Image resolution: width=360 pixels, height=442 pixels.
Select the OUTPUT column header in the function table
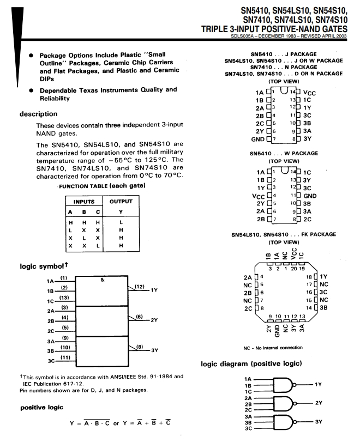point(121,201)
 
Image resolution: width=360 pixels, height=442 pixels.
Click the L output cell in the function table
point(121,222)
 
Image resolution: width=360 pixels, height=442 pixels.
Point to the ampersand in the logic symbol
point(103,279)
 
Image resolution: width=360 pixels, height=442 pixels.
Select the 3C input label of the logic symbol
point(52,361)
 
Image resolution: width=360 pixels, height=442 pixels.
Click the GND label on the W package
point(310,195)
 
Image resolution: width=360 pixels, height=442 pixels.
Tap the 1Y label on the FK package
point(325,276)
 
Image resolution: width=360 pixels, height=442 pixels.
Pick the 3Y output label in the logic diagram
point(319,422)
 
